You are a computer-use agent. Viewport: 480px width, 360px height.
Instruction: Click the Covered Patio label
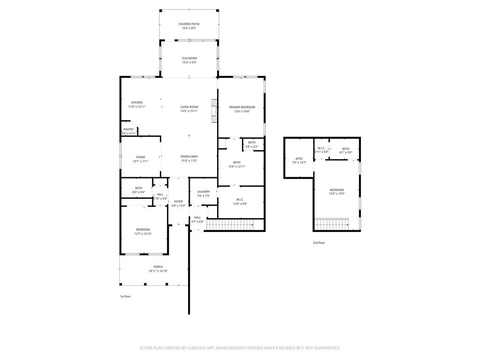point(189,24)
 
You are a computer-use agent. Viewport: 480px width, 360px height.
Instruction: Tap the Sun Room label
point(189,58)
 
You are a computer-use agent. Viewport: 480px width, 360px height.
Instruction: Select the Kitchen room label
point(137,103)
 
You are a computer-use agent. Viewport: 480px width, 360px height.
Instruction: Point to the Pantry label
point(128,129)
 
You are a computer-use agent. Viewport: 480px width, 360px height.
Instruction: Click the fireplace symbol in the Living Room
point(214,111)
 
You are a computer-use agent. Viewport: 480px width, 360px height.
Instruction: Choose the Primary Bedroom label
point(242,107)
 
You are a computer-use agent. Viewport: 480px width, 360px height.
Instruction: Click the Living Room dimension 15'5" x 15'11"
point(189,111)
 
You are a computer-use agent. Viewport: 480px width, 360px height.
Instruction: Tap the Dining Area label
point(189,156)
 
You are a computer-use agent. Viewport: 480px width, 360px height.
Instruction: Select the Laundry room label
point(203,191)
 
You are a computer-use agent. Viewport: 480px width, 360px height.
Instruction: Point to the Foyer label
point(179,201)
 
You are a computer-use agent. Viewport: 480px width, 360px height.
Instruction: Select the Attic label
point(299,158)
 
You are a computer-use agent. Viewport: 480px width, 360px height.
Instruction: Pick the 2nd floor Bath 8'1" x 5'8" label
point(345,149)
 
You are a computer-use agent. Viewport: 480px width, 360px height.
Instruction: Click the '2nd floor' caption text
point(319,243)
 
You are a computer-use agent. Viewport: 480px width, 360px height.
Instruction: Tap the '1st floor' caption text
point(125,296)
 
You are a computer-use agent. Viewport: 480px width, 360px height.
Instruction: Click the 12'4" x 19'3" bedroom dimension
point(337,194)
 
